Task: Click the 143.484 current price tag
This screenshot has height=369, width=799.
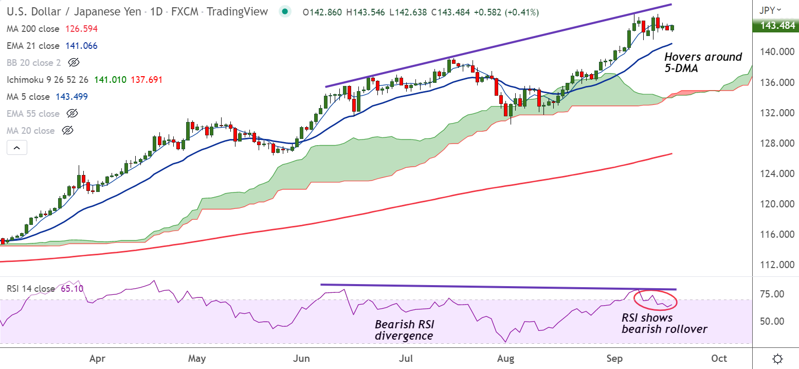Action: pyautogui.click(x=775, y=26)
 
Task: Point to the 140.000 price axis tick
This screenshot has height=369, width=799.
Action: pyautogui.click(x=775, y=52)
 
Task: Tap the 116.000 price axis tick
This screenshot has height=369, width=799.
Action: pyautogui.click(x=775, y=235)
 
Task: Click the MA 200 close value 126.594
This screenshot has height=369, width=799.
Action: pyautogui.click(x=81, y=29)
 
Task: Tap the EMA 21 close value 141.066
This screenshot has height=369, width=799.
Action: pyautogui.click(x=81, y=46)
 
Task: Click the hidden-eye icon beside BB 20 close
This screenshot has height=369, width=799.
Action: pyautogui.click(x=74, y=63)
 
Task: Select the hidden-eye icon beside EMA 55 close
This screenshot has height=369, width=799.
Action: pyautogui.click(x=72, y=113)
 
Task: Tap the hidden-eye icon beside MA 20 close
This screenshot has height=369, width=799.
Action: pyautogui.click(x=67, y=131)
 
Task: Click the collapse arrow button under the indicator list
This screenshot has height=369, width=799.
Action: pyautogui.click(x=16, y=148)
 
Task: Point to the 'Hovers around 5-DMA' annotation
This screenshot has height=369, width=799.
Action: pyautogui.click(x=703, y=62)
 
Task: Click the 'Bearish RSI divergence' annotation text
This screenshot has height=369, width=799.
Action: pyautogui.click(x=404, y=330)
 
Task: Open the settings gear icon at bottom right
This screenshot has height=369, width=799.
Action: pyautogui.click(x=778, y=358)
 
